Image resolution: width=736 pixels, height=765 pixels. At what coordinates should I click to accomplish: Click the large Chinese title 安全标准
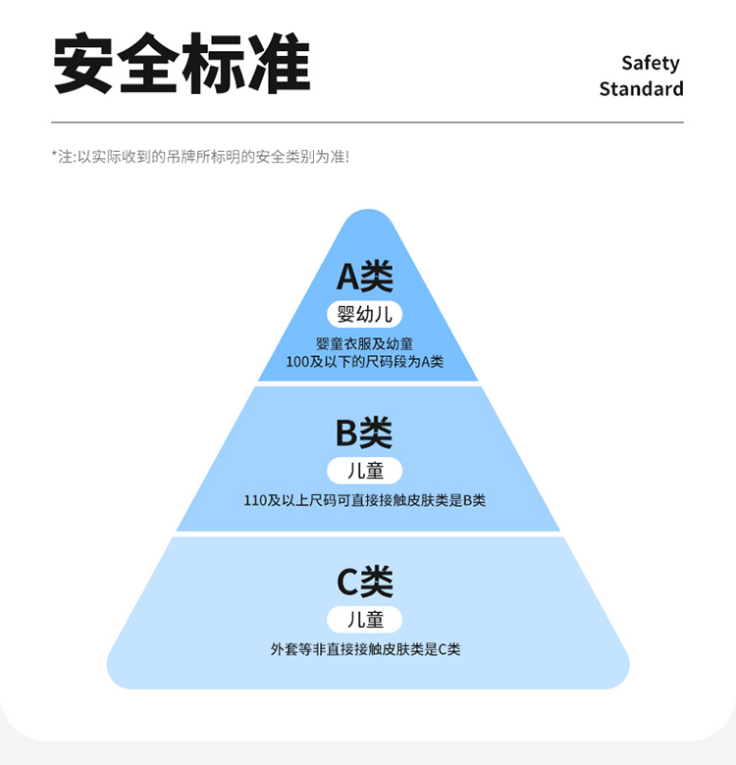[182, 65]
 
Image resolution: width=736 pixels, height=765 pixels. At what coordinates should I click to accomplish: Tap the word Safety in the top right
[650, 63]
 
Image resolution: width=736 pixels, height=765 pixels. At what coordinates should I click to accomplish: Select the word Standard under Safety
[641, 89]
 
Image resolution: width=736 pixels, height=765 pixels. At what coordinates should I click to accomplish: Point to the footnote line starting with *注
[200, 157]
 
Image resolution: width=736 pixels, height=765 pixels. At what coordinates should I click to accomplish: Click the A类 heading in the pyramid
[365, 277]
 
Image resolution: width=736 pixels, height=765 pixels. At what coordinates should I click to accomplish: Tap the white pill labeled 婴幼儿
[365, 315]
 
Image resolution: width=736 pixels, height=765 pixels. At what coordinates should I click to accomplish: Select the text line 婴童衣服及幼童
[365, 343]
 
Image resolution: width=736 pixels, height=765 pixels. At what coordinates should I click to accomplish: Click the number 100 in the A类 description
[297, 361]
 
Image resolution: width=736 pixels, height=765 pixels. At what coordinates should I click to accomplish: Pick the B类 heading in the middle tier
[364, 433]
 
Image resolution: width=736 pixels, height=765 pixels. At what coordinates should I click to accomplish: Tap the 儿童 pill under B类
[365, 471]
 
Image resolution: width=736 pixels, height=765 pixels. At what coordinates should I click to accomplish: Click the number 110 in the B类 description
[255, 500]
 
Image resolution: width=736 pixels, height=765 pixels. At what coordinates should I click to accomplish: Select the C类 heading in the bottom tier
[365, 583]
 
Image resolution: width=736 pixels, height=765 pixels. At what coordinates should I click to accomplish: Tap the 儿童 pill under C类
[365, 620]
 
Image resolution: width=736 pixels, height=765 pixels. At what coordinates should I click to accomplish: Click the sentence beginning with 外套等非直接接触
[365, 649]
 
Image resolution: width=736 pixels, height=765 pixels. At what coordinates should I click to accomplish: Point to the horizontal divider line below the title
[367, 123]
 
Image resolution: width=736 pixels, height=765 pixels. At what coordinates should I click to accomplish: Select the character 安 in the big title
[84, 65]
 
